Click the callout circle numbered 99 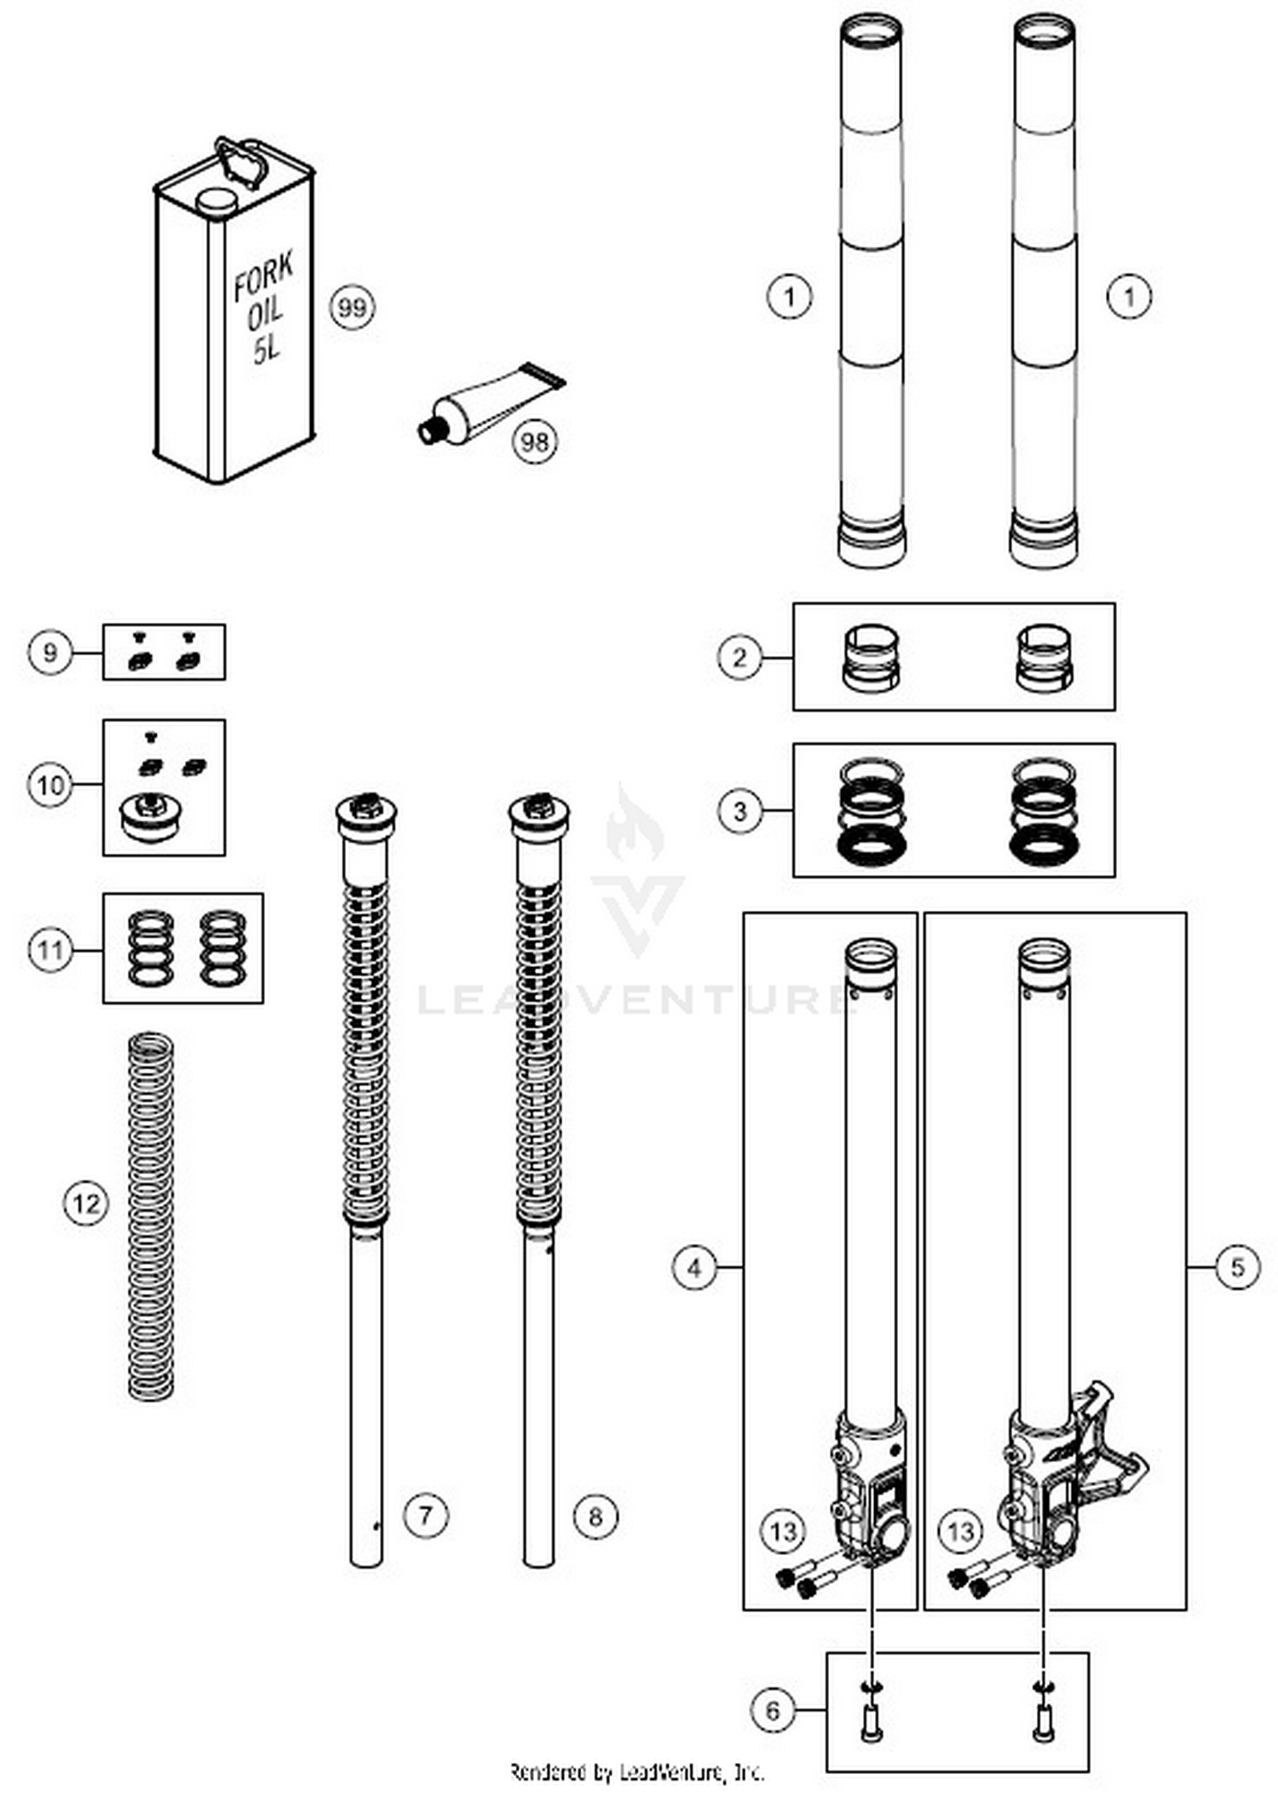[352, 307]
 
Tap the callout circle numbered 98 [535, 441]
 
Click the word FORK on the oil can [264, 275]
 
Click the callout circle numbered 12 [86, 1203]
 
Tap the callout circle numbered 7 [425, 1515]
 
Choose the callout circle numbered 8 [595, 1516]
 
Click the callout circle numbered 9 [49, 653]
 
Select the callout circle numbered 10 [49, 784]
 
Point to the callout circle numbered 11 [49, 948]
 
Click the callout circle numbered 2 [740, 657]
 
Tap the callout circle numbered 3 [740, 810]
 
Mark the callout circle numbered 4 [694, 1268]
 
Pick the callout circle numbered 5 [1237, 1267]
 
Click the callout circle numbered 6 [773, 1709]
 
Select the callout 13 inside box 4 [783, 1531]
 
